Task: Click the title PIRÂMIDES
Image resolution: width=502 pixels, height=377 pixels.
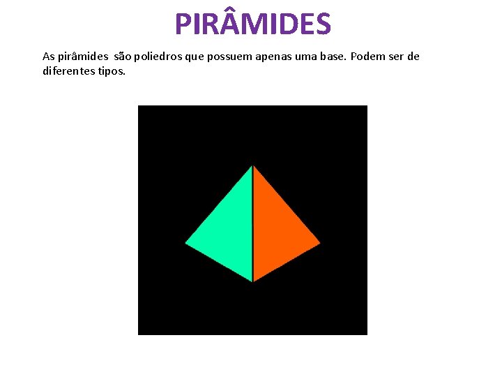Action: click(x=252, y=24)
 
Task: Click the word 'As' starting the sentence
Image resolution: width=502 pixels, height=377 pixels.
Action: click(x=48, y=56)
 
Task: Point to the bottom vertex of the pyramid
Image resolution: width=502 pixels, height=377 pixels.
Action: click(x=252, y=281)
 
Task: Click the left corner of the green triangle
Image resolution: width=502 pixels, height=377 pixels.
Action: click(x=186, y=243)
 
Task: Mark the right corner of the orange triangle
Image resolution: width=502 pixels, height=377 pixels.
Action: click(x=319, y=243)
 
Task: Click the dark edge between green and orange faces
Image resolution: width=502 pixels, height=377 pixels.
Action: click(x=252, y=223)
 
